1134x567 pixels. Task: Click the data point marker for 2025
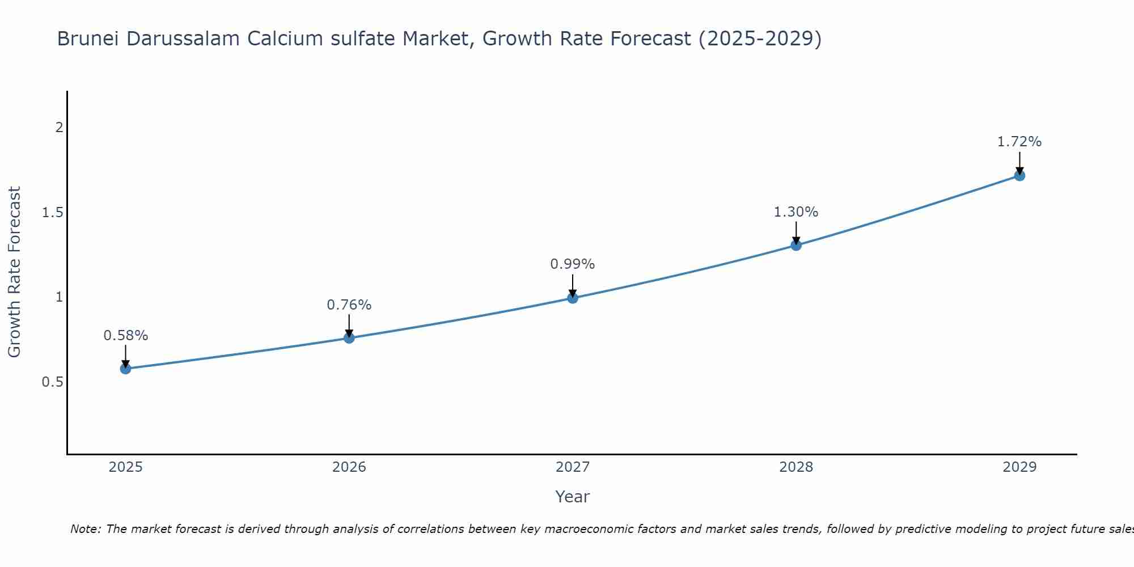click(125, 369)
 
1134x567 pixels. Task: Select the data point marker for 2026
click(349, 338)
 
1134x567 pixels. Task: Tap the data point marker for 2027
click(573, 298)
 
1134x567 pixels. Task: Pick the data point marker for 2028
click(796, 245)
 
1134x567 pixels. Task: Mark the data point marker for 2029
click(1019, 176)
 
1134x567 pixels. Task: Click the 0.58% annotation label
click(125, 336)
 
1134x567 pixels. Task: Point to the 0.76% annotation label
click(349, 305)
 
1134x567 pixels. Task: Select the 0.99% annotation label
click(573, 264)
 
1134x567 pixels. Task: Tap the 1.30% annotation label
click(796, 212)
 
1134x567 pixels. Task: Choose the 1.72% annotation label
click(1019, 142)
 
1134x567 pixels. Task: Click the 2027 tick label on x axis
click(573, 467)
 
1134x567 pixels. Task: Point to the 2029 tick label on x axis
click(1019, 467)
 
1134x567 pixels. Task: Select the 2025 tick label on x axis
click(125, 467)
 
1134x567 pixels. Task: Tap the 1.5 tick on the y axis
click(52, 213)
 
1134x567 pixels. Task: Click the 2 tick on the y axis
click(59, 128)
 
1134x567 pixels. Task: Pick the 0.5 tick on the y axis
click(52, 382)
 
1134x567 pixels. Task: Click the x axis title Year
click(573, 497)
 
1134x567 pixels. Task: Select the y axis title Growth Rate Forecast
click(15, 272)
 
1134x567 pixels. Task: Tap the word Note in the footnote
click(85, 529)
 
